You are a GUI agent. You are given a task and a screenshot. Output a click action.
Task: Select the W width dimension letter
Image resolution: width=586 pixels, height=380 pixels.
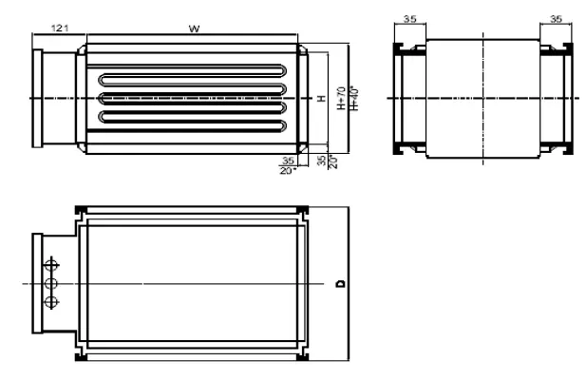tap(193, 29)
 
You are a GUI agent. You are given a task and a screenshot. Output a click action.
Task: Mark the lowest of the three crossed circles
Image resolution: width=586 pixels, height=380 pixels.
tap(51, 302)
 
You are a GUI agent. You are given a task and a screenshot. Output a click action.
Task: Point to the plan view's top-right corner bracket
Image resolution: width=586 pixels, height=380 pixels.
tap(302, 211)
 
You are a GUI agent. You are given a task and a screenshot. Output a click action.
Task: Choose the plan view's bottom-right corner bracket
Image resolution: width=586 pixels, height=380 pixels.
tap(302, 358)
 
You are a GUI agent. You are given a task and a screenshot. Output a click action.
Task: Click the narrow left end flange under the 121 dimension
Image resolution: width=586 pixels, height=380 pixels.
tap(39, 99)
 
